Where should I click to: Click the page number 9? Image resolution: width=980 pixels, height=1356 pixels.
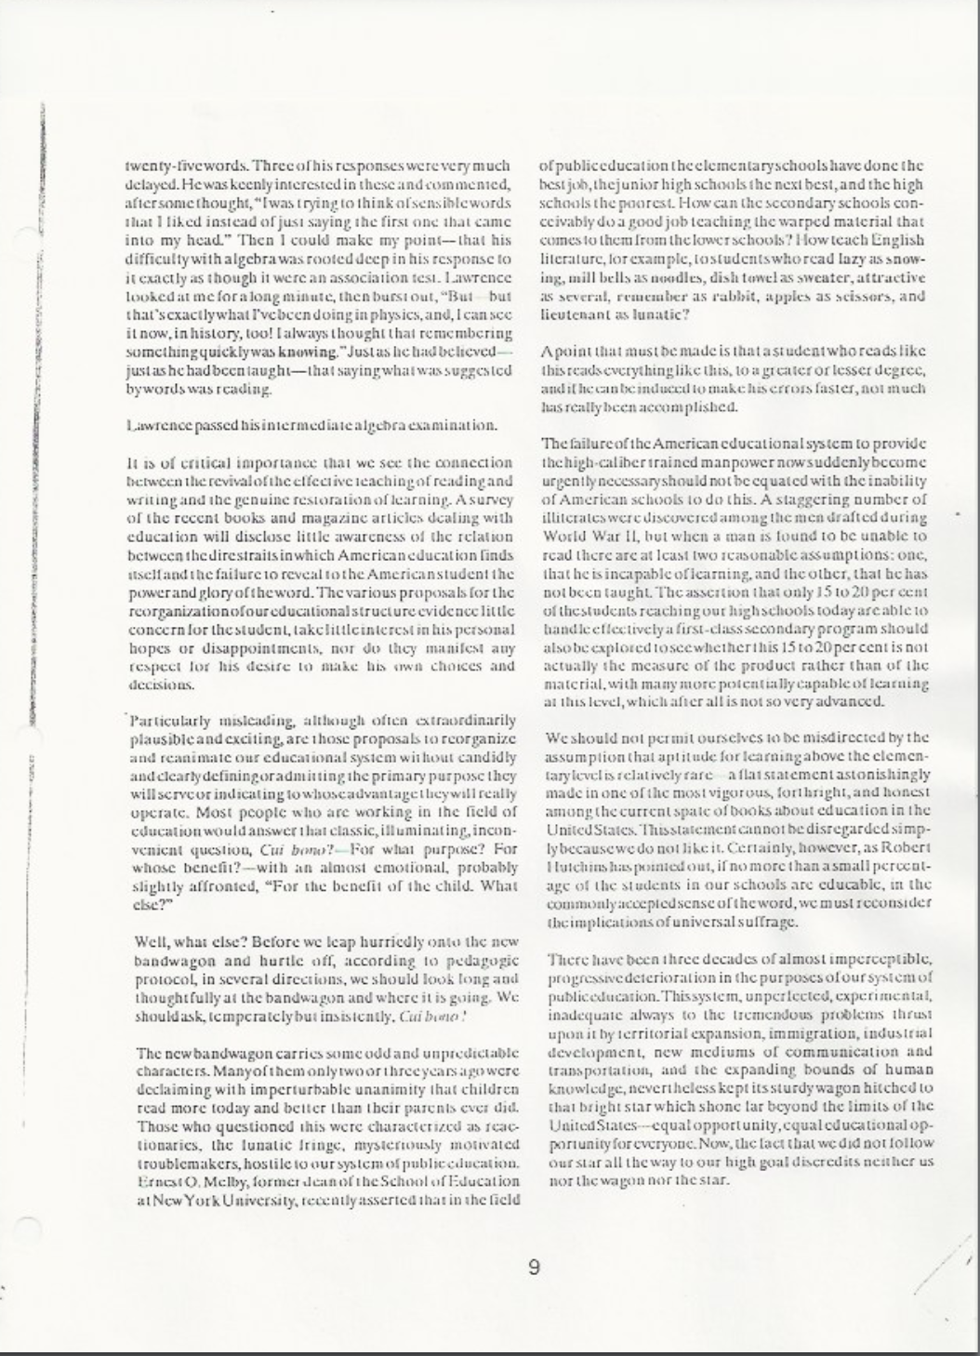(x=534, y=1267)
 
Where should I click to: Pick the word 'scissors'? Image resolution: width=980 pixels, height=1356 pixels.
(x=843, y=297)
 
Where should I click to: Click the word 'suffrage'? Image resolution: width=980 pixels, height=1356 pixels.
(x=763, y=922)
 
